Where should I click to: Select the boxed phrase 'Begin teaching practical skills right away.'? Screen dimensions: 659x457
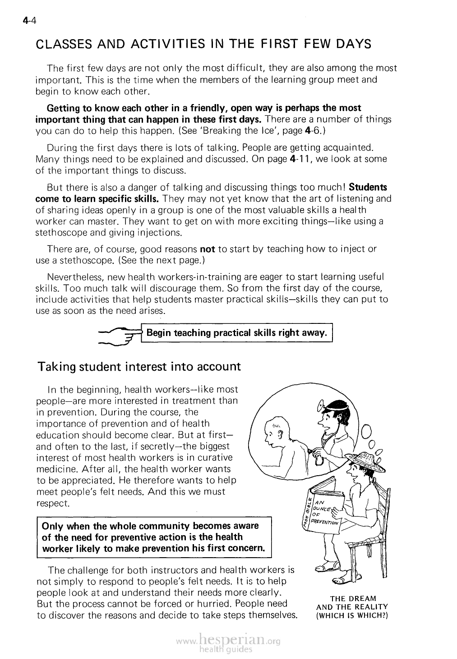click(x=236, y=333)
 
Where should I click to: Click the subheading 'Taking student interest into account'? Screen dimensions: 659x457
click(x=139, y=366)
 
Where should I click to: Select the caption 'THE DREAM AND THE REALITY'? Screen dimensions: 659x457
click(x=353, y=603)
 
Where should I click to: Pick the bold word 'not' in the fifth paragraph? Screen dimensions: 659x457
click(x=207, y=249)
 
